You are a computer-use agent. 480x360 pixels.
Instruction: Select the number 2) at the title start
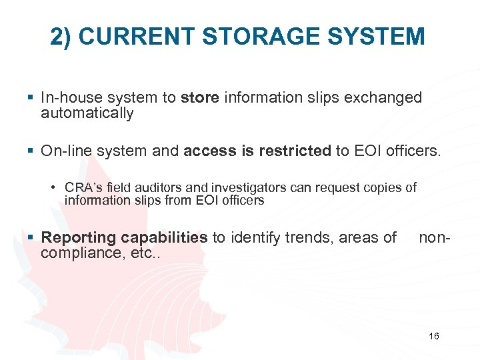(63, 37)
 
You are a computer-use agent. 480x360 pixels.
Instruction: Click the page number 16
(434, 336)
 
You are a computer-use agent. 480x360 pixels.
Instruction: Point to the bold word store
(200, 98)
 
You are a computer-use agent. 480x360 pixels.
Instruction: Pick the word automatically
(87, 113)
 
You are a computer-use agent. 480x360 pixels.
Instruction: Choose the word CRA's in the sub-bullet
(82, 187)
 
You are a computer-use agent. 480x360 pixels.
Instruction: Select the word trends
(307, 238)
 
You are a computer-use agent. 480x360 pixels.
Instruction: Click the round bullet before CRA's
(53, 187)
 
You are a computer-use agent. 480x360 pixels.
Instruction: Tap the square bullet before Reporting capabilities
(32, 238)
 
